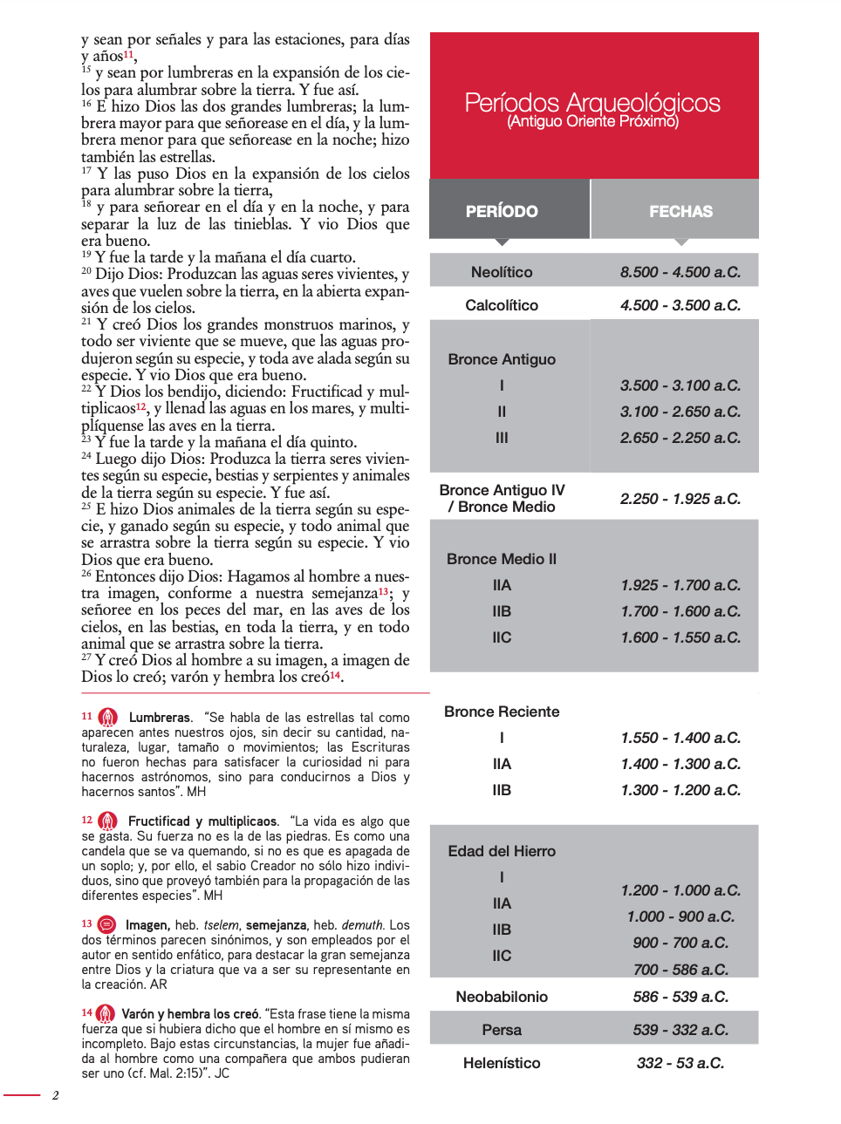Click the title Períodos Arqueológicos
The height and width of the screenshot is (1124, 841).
point(592,102)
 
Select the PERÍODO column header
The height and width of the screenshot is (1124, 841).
point(502,211)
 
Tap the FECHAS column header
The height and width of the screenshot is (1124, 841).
point(680,211)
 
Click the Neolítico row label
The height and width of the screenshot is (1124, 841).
point(502,272)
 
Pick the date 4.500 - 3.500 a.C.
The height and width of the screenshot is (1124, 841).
point(680,305)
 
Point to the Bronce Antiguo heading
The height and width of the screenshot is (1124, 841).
point(502,359)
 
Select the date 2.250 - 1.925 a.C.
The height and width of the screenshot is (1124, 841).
point(680,499)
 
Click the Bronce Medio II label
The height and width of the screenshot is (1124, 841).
point(502,559)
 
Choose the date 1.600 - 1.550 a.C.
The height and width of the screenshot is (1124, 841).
point(680,637)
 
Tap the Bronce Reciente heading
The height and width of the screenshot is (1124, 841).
point(502,712)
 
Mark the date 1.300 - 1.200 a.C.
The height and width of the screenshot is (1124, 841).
point(680,790)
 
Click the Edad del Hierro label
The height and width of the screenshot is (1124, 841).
point(502,851)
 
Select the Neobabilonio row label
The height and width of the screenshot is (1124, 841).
point(502,997)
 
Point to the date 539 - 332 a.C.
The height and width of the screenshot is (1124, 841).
point(680,1030)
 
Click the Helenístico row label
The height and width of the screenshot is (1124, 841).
point(502,1063)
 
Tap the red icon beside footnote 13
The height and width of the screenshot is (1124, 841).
point(107,924)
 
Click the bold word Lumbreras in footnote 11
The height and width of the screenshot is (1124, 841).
point(160,718)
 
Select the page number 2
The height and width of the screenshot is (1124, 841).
point(56,1095)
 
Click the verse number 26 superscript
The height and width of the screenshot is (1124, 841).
point(86,574)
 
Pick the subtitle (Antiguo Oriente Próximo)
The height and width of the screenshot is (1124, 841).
point(592,121)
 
